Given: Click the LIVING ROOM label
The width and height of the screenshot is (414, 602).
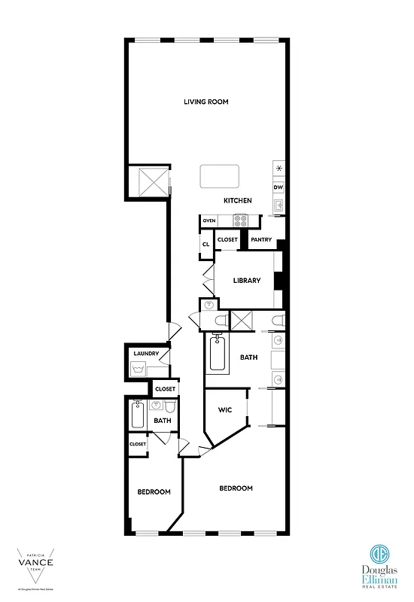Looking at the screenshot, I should [x=206, y=102].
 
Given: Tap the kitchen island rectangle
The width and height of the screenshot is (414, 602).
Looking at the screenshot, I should [x=219, y=177].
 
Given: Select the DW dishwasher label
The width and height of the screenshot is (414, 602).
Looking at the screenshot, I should [x=278, y=187].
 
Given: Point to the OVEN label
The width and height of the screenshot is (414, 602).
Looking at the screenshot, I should [x=209, y=220].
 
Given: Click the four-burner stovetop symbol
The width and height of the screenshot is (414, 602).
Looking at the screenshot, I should [x=241, y=220].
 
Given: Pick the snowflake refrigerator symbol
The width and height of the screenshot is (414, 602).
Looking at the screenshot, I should [x=279, y=169].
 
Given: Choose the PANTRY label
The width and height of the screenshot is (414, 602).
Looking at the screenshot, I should [x=261, y=240].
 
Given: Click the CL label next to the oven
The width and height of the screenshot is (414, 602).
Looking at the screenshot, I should [x=205, y=245].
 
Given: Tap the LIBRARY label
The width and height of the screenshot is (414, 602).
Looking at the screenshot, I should [x=246, y=281].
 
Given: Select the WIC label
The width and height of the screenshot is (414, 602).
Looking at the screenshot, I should [x=225, y=411].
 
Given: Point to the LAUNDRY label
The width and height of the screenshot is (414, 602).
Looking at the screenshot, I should [x=145, y=354].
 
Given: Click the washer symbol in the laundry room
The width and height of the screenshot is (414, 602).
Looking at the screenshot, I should [x=139, y=369].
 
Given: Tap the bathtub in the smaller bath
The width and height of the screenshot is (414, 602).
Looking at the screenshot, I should [x=138, y=415].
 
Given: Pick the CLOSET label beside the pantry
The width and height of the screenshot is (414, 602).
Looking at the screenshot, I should [x=227, y=240].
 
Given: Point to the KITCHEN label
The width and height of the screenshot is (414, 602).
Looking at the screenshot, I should [x=237, y=200].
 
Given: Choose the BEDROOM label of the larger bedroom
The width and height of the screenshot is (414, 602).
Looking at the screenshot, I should [x=236, y=488].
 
